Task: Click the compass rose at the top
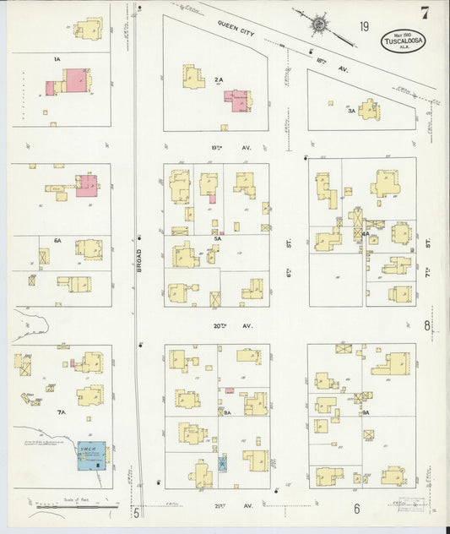tap(321, 23)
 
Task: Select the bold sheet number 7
tap(423, 13)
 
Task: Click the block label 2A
tap(218, 79)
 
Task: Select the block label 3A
tap(351, 110)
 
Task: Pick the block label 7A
tap(61, 412)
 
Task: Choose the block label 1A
tap(57, 60)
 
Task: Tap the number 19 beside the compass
tap(364, 27)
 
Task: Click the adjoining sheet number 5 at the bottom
tap(135, 511)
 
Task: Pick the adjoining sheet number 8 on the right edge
tap(427, 326)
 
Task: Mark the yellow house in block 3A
tap(368, 109)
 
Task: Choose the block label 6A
tap(57, 241)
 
